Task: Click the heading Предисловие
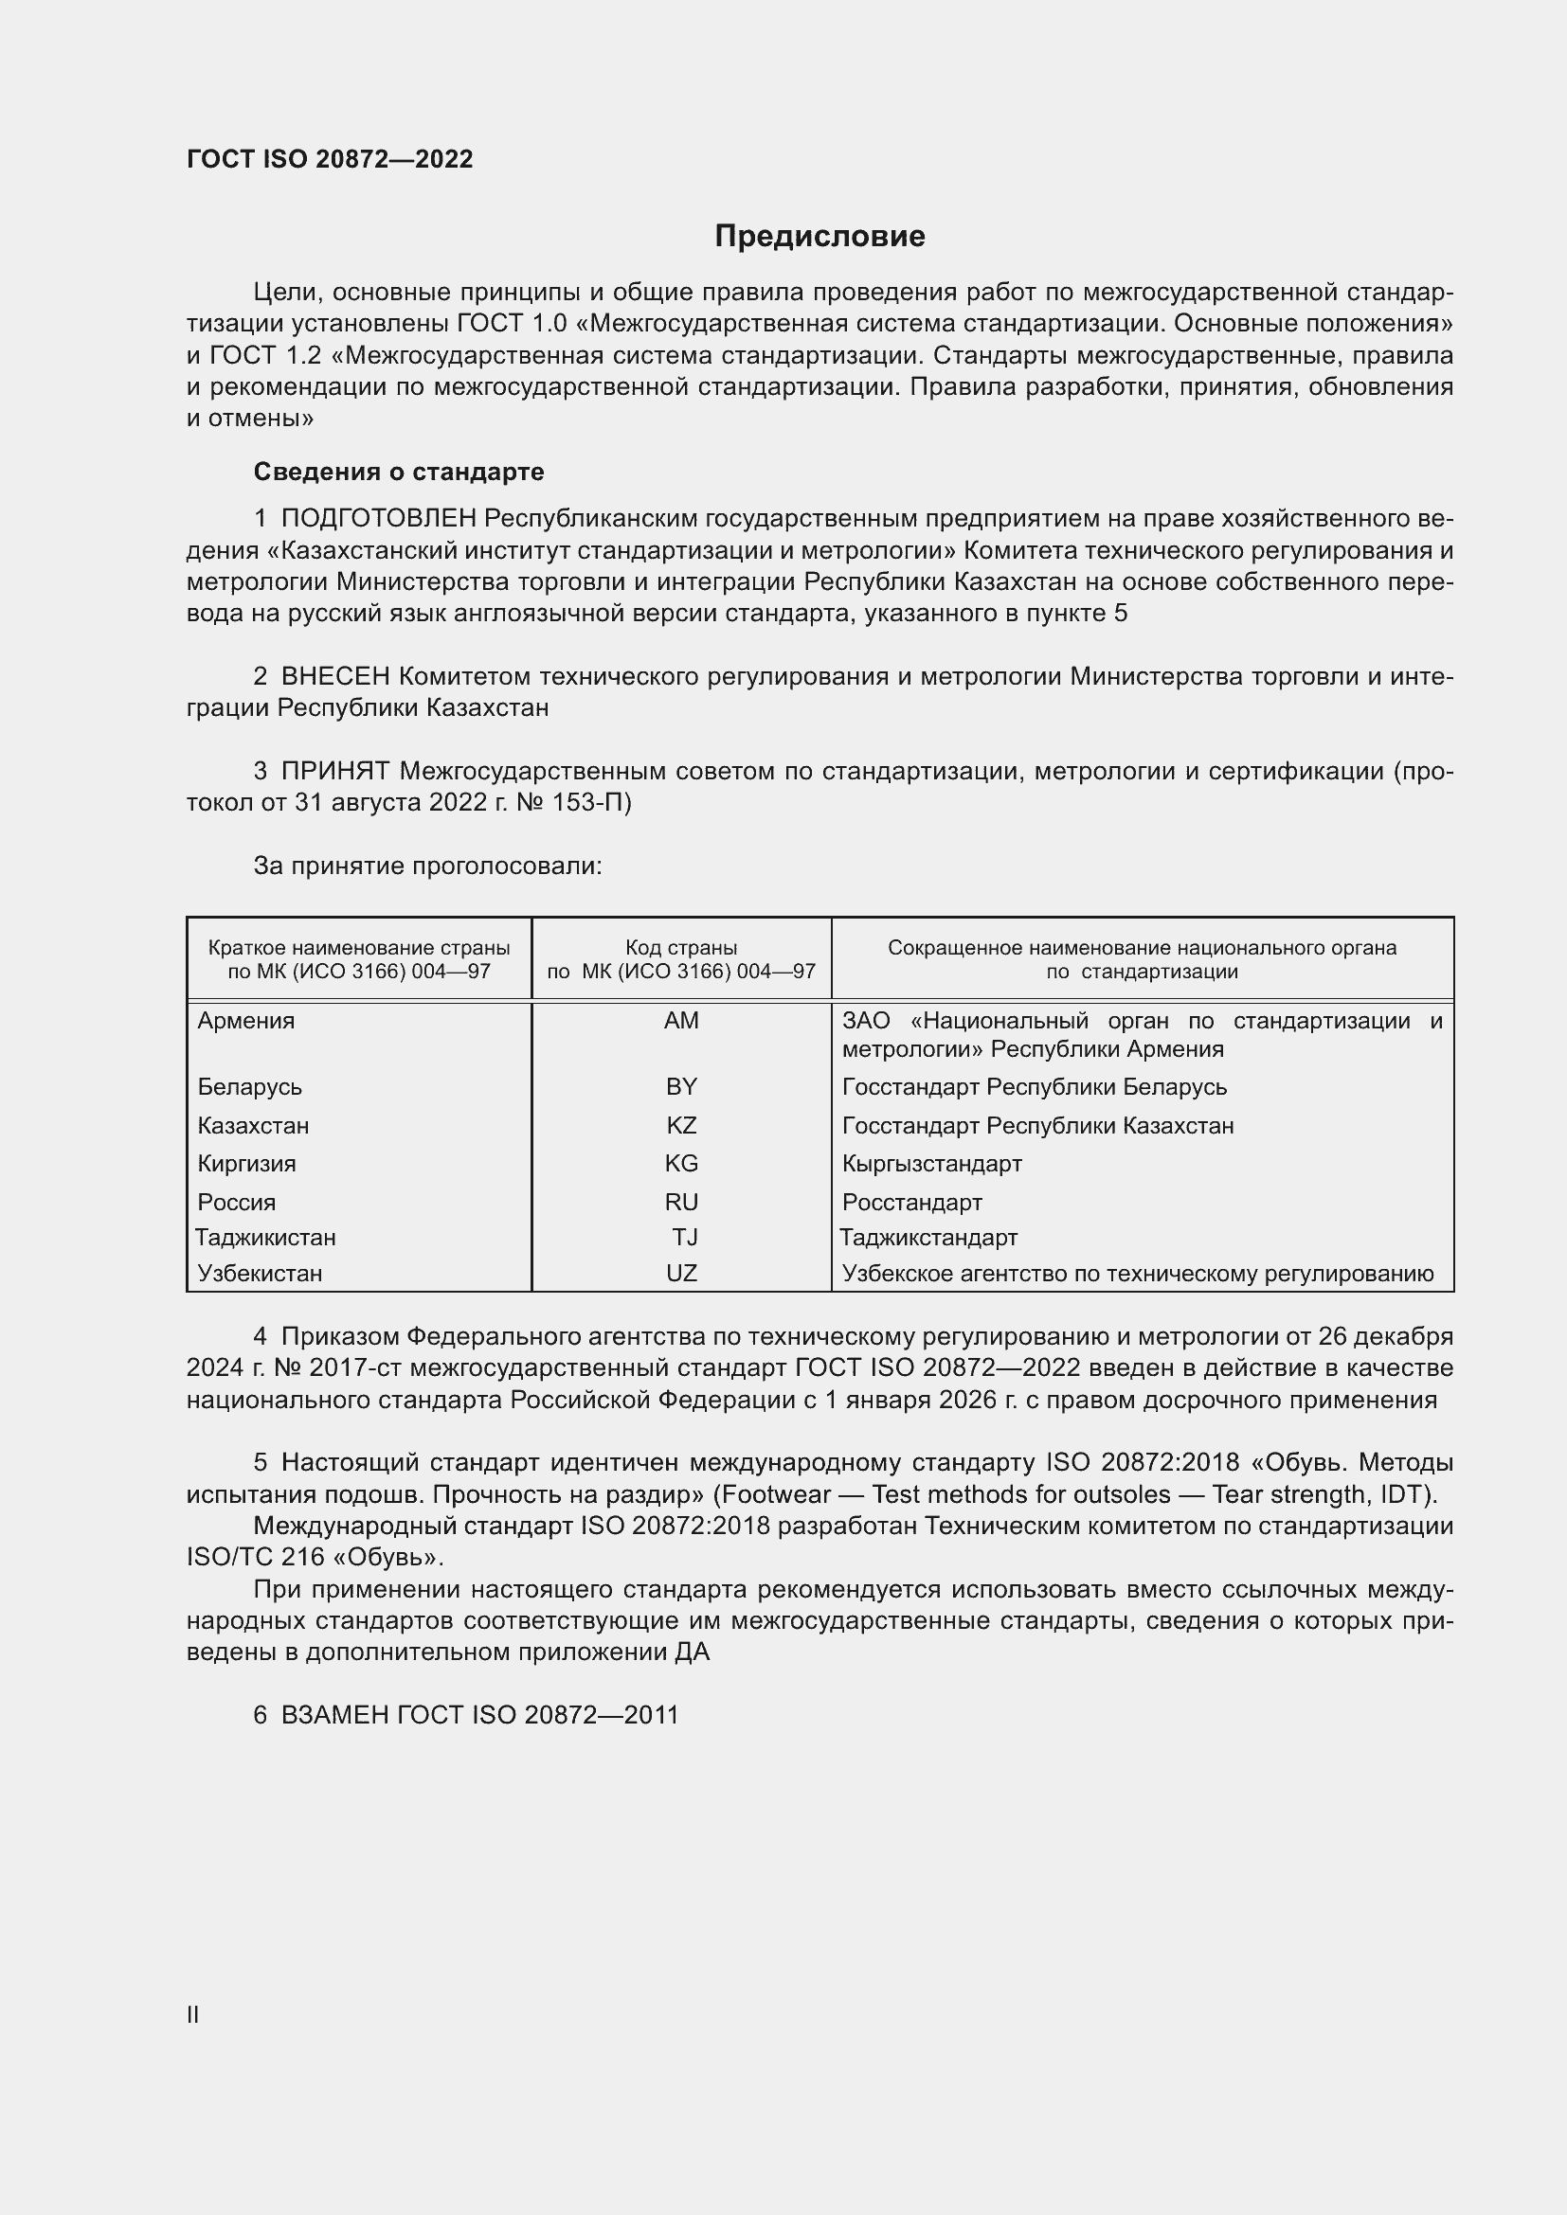(x=820, y=237)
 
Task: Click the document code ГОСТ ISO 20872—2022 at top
(x=330, y=160)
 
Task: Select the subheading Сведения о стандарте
(x=399, y=472)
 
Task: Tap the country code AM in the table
(x=681, y=1021)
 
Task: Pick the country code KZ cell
(x=681, y=1126)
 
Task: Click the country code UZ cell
(x=681, y=1274)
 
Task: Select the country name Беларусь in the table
(x=250, y=1087)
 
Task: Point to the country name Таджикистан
(x=265, y=1238)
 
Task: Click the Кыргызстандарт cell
(x=932, y=1164)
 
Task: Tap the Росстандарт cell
(x=911, y=1203)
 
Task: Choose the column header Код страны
(x=681, y=948)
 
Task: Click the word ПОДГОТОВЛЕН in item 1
(x=378, y=519)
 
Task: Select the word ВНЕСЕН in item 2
(x=334, y=677)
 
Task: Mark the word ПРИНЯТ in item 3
(x=334, y=772)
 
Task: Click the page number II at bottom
(x=193, y=2014)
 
